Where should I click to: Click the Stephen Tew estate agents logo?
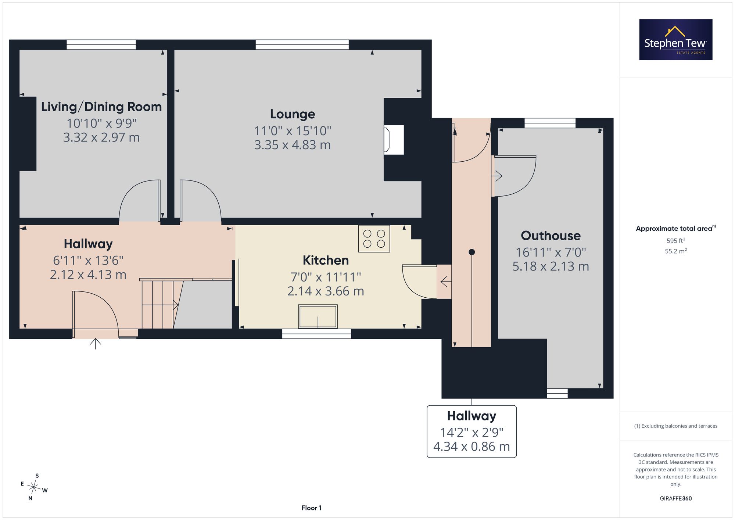[676, 40]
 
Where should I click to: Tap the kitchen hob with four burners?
[374, 239]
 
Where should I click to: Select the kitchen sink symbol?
[318, 316]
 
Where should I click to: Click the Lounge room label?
[293, 114]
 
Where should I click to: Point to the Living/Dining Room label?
[101, 107]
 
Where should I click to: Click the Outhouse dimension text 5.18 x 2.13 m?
[551, 266]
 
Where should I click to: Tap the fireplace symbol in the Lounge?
[394, 140]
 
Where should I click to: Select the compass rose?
[34, 487]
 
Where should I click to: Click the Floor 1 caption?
[311, 508]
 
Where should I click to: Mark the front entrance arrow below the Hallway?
[96, 344]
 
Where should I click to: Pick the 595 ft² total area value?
[676, 241]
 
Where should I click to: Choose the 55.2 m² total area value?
[676, 251]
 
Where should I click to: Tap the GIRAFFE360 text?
[676, 498]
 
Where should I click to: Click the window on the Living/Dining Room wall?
[101, 44]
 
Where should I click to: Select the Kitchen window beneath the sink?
[316, 334]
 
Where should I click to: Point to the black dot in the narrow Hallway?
[472, 252]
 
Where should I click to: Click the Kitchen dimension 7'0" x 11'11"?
[326, 277]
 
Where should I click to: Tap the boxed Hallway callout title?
[472, 416]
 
